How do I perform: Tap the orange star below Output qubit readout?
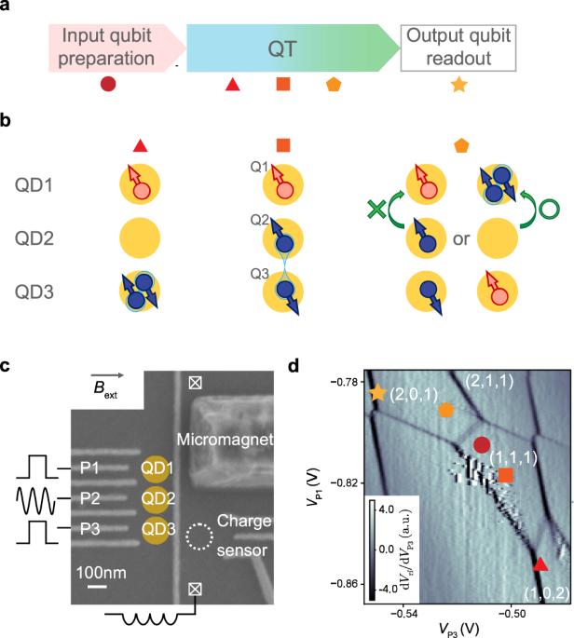point(458,85)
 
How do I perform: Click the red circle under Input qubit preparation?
point(108,85)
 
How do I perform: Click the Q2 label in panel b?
point(260,220)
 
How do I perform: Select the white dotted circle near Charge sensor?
point(198,537)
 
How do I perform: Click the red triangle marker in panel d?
point(540,564)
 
